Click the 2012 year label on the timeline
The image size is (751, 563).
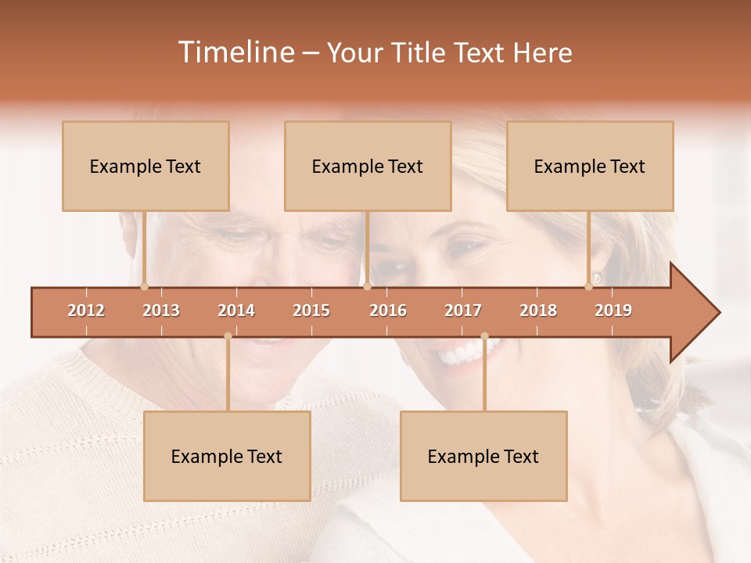[86, 310]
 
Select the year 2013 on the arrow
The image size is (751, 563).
[161, 310]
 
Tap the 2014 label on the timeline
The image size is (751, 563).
[236, 310]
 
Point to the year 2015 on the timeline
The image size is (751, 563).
[311, 310]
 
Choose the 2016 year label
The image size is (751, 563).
[388, 310]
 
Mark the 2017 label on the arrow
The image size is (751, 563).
[463, 310]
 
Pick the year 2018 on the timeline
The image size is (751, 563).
[538, 310]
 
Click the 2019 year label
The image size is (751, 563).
[613, 310]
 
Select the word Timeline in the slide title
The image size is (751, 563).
[235, 52]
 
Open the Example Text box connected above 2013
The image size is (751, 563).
[146, 166]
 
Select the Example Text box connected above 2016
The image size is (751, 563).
[368, 166]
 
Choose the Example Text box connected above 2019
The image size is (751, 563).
[590, 166]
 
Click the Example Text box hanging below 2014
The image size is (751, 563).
[227, 456]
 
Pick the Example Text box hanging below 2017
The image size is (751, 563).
[483, 456]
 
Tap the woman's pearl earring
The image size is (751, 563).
[597, 278]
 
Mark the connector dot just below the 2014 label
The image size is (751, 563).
[228, 336]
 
